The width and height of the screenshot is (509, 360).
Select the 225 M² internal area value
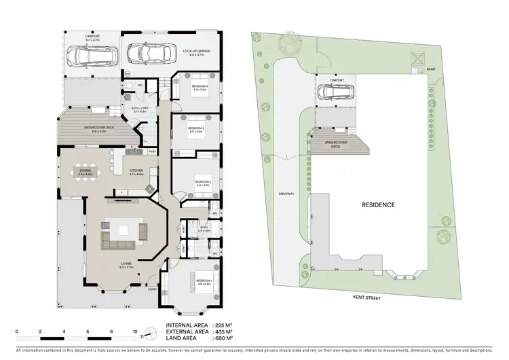coord(224,325)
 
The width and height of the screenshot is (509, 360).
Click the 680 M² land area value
coord(224,338)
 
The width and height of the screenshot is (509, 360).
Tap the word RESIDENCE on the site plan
coord(378,204)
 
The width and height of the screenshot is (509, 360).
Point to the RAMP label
coord(430,69)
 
